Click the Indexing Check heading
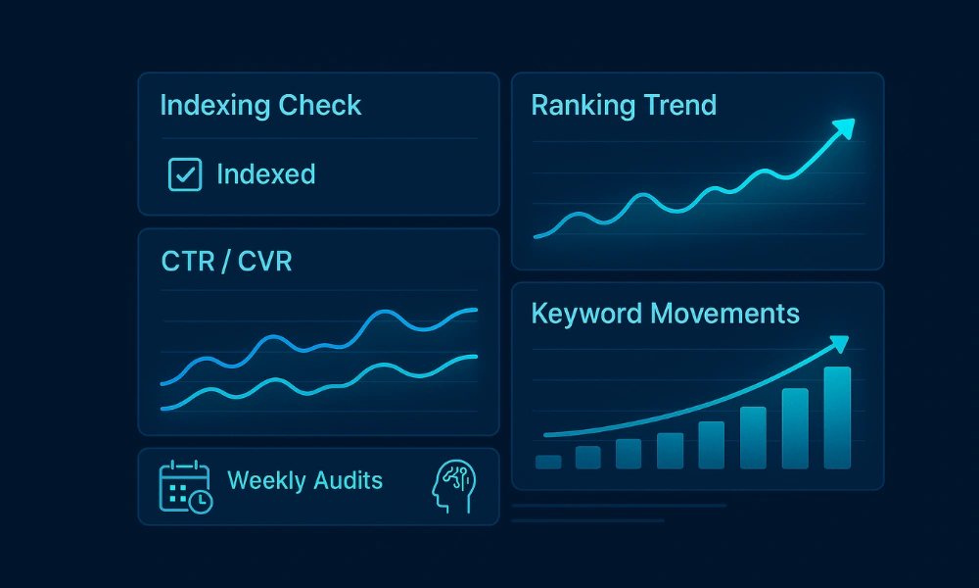(x=260, y=106)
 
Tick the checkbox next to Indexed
(x=185, y=174)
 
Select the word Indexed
(x=265, y=174)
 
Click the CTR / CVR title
(x=226, y=262)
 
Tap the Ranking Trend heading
(x=624, y=106)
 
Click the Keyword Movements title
(x=665, y=314)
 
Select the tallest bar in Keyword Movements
(x=837, y=417)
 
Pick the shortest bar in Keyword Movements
(x=548, y=462)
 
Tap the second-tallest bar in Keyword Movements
(x=795, y=428)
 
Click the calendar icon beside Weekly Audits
(x=184, y=486)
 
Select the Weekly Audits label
(x=304, y=480)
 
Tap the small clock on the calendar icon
(x=200, y=500)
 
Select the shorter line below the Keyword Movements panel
(x=587, y=520)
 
